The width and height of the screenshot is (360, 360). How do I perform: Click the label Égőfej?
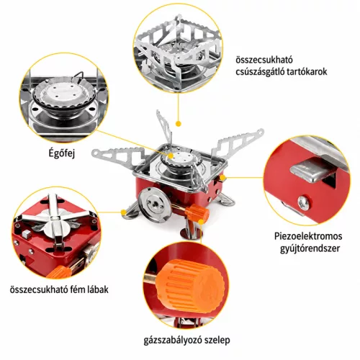coord(62,153)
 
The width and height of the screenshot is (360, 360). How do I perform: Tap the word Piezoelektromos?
coord(308,236)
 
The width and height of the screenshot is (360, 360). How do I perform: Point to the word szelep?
coord(217,341)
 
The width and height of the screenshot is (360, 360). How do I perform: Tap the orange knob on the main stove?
coord(197,213)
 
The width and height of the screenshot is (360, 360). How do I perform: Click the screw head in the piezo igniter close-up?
coord(303,203)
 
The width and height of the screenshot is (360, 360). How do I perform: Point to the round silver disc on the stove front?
coord(154,204)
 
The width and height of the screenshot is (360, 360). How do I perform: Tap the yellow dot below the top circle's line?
coord(178,124)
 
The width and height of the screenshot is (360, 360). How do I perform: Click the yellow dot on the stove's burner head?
coord(171,156)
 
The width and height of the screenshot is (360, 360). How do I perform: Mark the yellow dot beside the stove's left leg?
coord(123,212)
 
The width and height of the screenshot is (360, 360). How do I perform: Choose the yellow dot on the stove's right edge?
coord(222,178)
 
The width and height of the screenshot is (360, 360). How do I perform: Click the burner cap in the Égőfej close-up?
coord(64,92)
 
